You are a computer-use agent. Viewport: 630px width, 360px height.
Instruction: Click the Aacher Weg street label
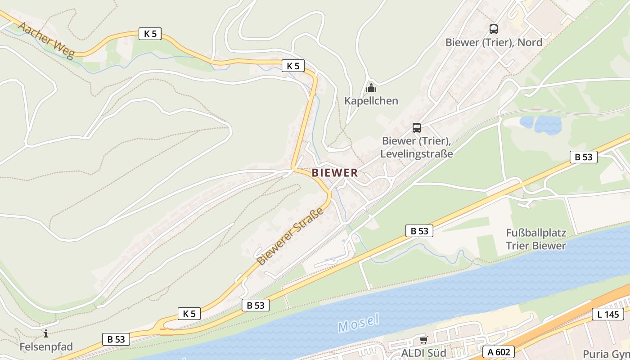click(45, 40)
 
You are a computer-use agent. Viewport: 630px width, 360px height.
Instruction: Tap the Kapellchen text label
click(371, 101)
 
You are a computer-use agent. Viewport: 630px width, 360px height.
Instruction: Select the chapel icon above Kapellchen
click(371, 88)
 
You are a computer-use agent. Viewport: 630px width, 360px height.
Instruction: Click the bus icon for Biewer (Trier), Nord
click(494, 29)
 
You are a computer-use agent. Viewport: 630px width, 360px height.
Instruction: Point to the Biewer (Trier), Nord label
click(494, 43)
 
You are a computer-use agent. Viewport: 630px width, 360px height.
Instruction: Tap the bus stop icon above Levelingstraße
click(417, 128)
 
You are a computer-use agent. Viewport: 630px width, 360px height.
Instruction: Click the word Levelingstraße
click(417, 154)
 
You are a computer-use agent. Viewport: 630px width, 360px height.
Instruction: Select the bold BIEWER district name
click(335, 173)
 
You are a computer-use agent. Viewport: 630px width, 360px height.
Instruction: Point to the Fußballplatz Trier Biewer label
click(536, 239)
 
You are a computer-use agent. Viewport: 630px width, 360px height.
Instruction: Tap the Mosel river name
click(359, 323)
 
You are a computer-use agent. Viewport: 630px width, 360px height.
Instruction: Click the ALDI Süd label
click(423, 353)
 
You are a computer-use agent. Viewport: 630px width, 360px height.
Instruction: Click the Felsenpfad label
click(46, 347)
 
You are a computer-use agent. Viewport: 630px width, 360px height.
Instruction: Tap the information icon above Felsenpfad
click(46, 333)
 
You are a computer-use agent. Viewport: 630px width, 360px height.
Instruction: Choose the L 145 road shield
click(607, 314)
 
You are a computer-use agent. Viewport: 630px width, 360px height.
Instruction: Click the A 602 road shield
click(499, 352)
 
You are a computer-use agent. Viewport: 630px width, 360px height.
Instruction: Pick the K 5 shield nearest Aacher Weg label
click(149, 34)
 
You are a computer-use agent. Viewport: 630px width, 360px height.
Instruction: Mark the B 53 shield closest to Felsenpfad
click(116, 339)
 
